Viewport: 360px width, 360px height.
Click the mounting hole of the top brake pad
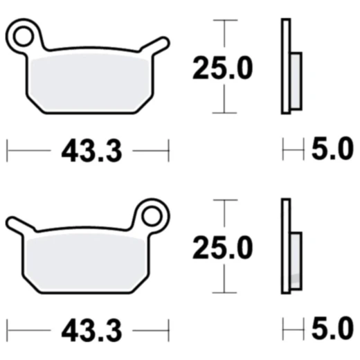click(x=25, y=32)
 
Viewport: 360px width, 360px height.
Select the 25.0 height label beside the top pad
click(x=222, y=68)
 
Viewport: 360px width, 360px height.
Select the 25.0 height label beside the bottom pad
click(x=222, y=247)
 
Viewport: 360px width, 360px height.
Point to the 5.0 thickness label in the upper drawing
click(x=332, y=150)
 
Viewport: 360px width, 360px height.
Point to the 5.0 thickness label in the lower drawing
click(x=332, y=330)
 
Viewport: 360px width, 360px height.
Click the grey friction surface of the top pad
click(x=87, y=79)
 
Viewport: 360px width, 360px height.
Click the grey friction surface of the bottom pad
click(x=87, y=260)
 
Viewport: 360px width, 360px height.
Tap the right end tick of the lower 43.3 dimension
click(x=168, y=330)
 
